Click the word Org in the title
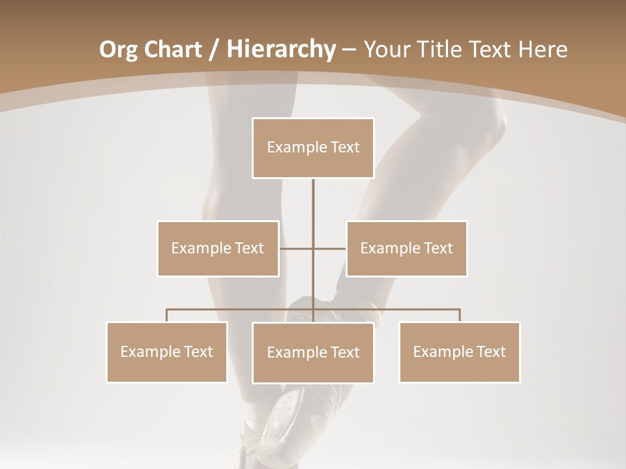tap(119, 49)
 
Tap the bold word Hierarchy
tap(280, 49)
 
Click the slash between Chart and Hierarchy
tap(213, 50)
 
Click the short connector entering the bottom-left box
tap(167, 315)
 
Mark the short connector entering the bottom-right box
tap(459, 315)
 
